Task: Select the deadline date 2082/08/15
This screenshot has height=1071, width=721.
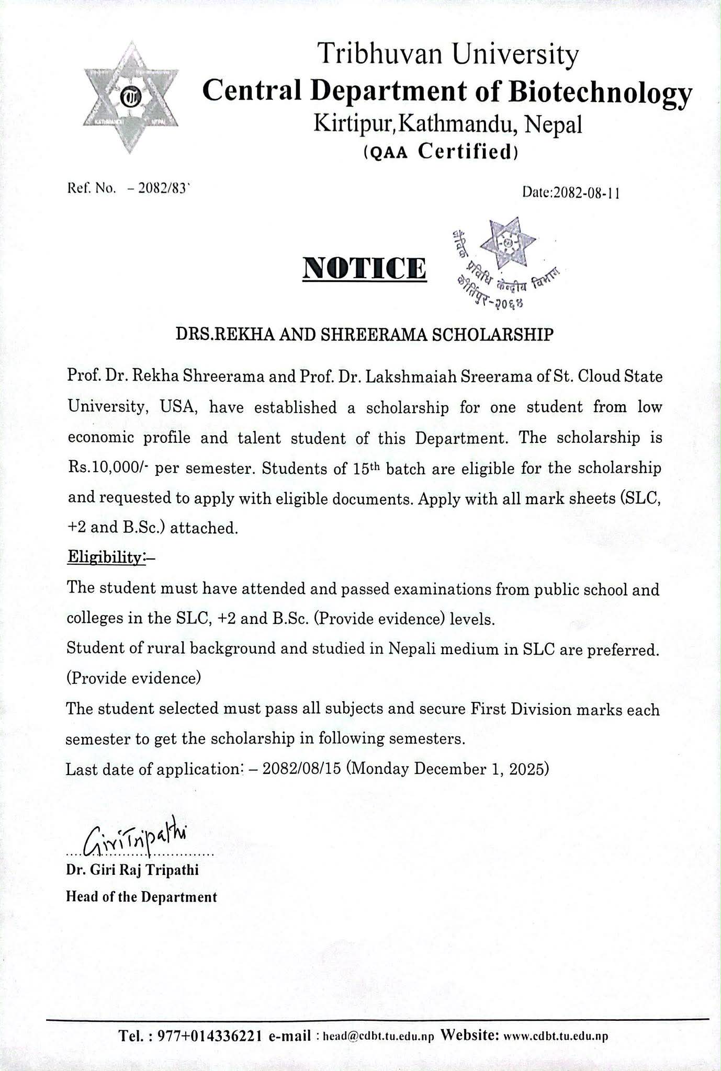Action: click(302, 769)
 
